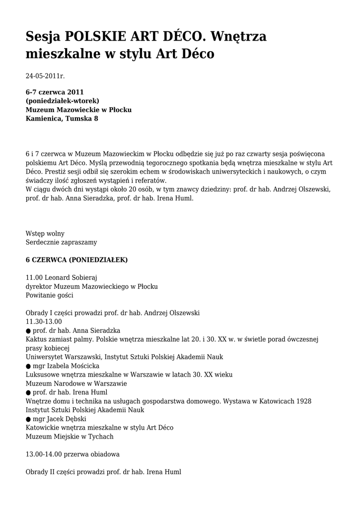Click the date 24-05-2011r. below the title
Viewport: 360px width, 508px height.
pos(45,76)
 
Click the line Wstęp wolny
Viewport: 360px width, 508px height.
pos(45,233)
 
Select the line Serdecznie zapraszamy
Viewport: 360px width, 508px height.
pos(61,243)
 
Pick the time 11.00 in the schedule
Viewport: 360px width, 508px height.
pos(34,277)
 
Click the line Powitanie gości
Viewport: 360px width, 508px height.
pos(49,295)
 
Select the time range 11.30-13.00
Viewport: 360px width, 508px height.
pos(44,321)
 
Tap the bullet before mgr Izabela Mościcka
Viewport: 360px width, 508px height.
pos(28,366)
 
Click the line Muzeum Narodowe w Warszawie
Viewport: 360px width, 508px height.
pos(76,383)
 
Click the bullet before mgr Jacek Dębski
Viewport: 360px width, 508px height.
pos(28,419)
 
